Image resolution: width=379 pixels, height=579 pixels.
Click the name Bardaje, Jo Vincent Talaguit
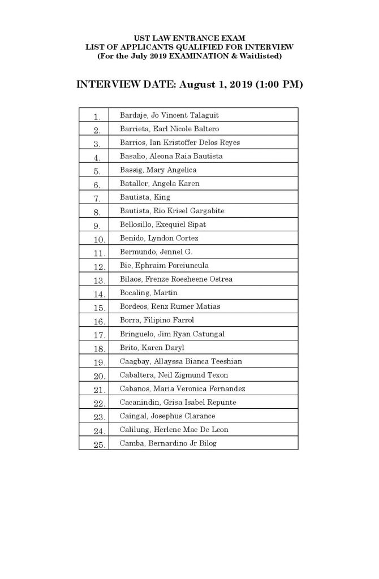(x=169, y=115)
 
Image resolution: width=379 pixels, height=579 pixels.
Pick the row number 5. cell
(x=97, y=171)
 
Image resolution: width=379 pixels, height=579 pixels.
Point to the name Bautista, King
(x=145, y=197)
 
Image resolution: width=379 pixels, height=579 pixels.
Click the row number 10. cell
(x=97, y=239)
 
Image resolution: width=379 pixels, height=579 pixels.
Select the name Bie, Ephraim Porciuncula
(x=164, y=266)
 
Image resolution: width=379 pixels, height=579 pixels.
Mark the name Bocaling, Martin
(x=148, y=293)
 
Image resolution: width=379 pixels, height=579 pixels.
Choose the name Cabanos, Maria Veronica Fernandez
(x=182, y=388)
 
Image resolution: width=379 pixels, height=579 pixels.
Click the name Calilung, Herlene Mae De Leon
(x=174, y=430)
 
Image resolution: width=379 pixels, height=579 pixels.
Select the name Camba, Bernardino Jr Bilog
(x=168, y=443)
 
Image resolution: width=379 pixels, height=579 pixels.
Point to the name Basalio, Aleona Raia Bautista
(x=171, y=156)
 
